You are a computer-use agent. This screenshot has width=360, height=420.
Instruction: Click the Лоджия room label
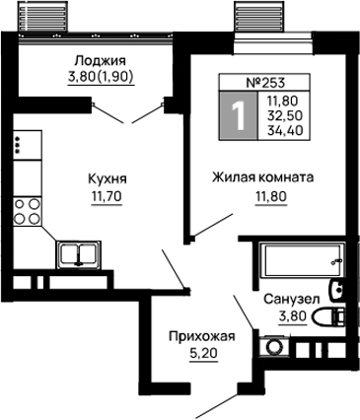point(101,61)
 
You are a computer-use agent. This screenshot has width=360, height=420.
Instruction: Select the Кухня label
point(108,179)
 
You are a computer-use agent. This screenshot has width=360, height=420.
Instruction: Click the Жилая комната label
point(262,177)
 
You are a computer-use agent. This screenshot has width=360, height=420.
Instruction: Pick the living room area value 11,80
point(271,196)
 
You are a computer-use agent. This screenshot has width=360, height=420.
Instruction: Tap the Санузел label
point(292,300)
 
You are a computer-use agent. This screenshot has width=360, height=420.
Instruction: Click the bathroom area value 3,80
point(293,316)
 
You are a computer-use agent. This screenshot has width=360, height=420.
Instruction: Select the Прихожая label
point(202,336)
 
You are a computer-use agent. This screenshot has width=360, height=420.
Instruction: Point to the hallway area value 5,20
point(204,354)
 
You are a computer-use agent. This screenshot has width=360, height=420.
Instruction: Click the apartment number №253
point(265,83)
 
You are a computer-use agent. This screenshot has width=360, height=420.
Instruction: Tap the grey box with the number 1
point(239,115)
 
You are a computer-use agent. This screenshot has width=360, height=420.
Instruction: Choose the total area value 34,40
point(285,131)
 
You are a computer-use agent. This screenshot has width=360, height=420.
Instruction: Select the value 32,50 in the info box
point(285,115)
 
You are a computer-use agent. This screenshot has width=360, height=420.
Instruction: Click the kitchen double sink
point(79,254)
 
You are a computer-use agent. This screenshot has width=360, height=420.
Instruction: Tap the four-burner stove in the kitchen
point(28,211)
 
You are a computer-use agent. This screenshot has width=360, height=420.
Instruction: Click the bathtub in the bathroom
point(302,260)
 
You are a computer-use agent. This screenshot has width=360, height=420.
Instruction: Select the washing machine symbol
point(274,346)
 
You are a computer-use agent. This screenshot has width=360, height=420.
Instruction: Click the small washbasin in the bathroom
point(336,290)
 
